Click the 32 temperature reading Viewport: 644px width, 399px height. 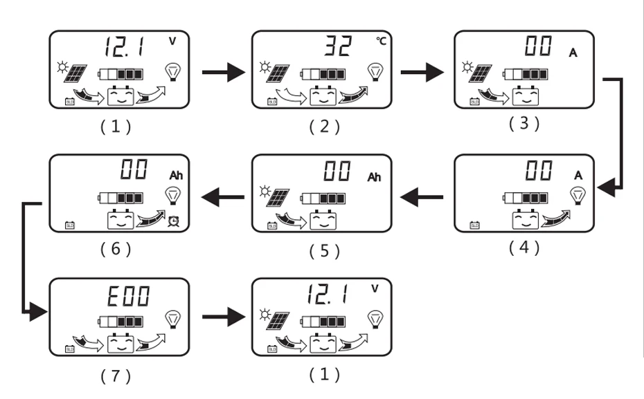pos(338,47)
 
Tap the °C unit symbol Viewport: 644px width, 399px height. pos(382,41)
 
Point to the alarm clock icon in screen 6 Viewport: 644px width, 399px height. pos(174,221)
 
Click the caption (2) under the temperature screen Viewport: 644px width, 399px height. pos(324,127)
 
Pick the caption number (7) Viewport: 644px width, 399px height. pos(115,375)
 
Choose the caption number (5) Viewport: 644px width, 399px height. pos(323,250)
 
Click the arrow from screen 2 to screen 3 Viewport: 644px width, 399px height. pos(422,71)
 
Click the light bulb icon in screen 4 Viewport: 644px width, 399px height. pos(578,196)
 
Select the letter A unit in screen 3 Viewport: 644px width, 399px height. pos(573,53)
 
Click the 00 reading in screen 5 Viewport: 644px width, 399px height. pos(337,171)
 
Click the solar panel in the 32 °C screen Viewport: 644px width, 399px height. pos(279,72)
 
